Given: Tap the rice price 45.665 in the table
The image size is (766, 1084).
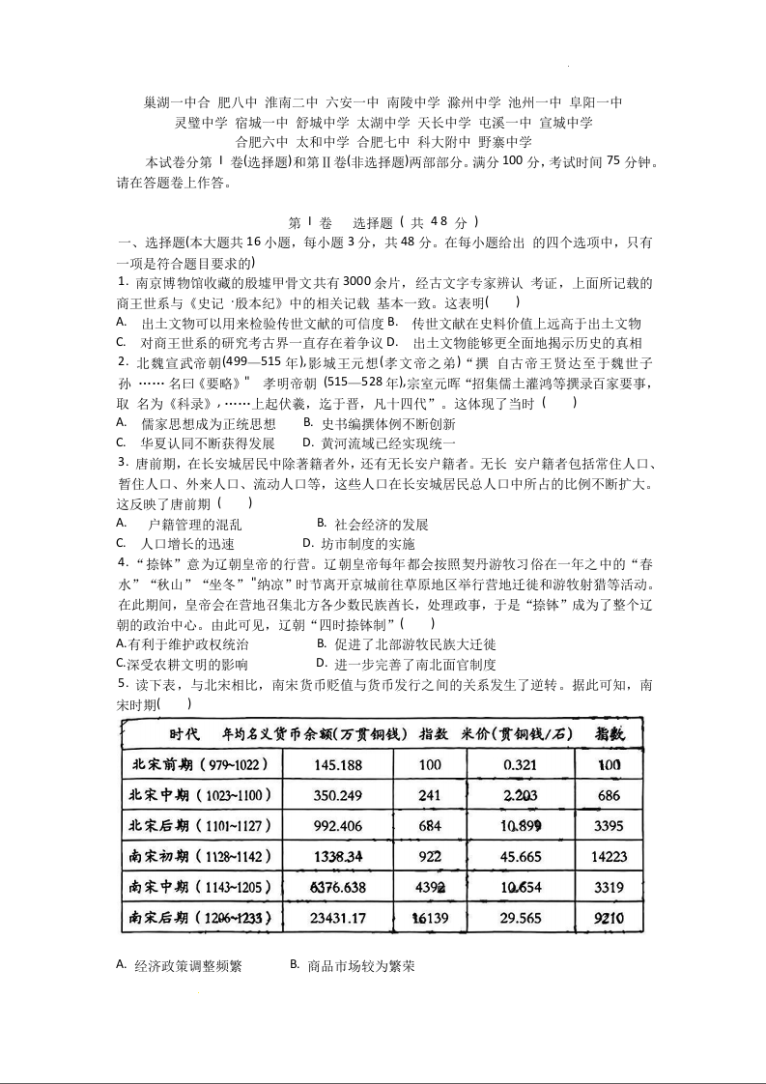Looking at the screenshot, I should (x=521, y=856).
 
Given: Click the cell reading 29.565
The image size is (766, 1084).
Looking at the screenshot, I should (x=521, y=918).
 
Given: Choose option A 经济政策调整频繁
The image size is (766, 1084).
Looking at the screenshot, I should (x=187, y=965).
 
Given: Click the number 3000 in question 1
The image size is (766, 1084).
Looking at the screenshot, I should (x=357, y=282).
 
